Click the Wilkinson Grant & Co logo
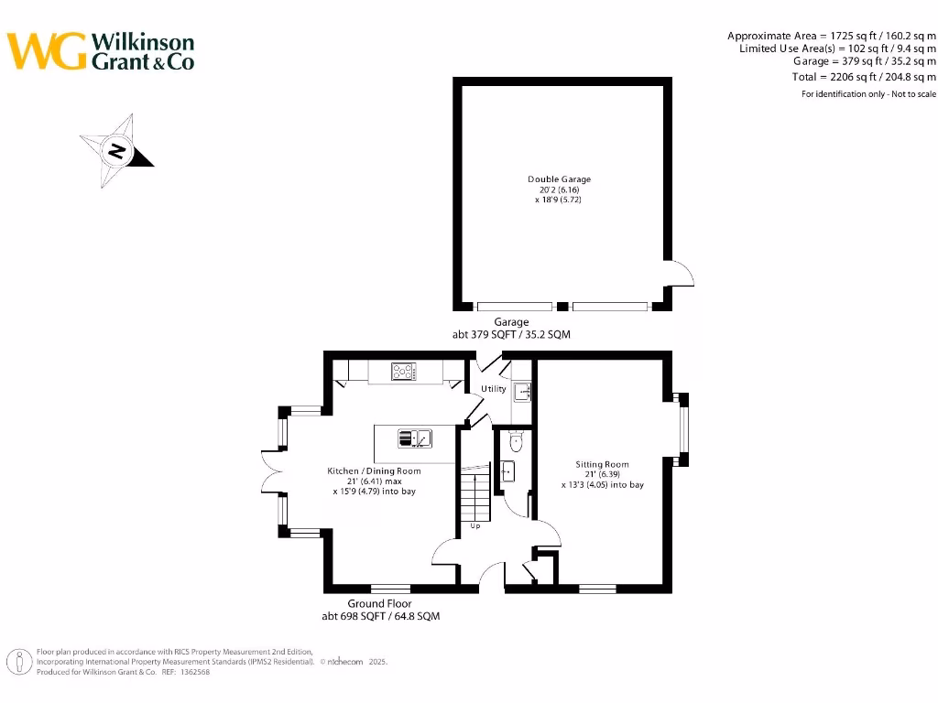click(101, 51)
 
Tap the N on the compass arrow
click(116, 151)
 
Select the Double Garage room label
click(559, 179)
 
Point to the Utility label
click(494, 389)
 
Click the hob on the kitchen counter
click(404, 371)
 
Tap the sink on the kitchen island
click(415, 438)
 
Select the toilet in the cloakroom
click(515, 442)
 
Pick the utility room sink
click(522, 393)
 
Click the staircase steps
click(475, 494)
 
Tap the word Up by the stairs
click(475, 526)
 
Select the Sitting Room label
click(602, 464)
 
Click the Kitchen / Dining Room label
click(375, 471)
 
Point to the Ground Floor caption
click(379, 604)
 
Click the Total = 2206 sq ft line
click(864, 77)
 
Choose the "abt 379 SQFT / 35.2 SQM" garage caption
click(511, 335)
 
